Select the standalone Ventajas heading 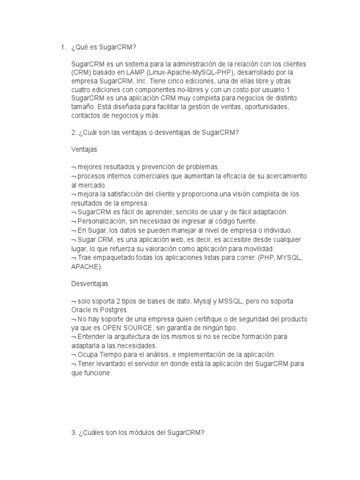click(84, 150)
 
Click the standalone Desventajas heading click(90, 284)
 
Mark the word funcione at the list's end click(97, 373)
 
